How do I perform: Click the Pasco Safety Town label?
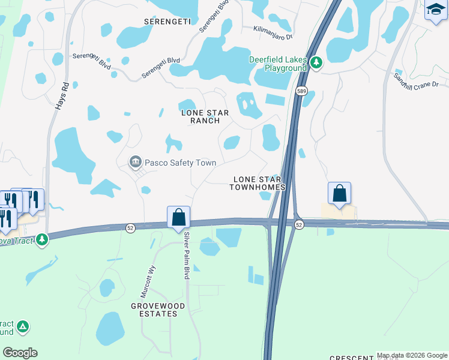[x=180, y=163]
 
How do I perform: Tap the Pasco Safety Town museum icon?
[x=135, y=162]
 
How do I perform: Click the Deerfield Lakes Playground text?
[x=279, y=64]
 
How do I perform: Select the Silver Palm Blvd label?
[x=186, y=255]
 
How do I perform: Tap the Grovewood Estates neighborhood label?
[x=158, y=310]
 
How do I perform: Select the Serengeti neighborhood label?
[x=167, y=21]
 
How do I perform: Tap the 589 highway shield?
[x=301, y=91]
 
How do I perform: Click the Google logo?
[x=20, y=352]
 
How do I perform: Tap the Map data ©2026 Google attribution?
[x=412, y=355]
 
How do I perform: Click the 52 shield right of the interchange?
[x=299, y=224]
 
